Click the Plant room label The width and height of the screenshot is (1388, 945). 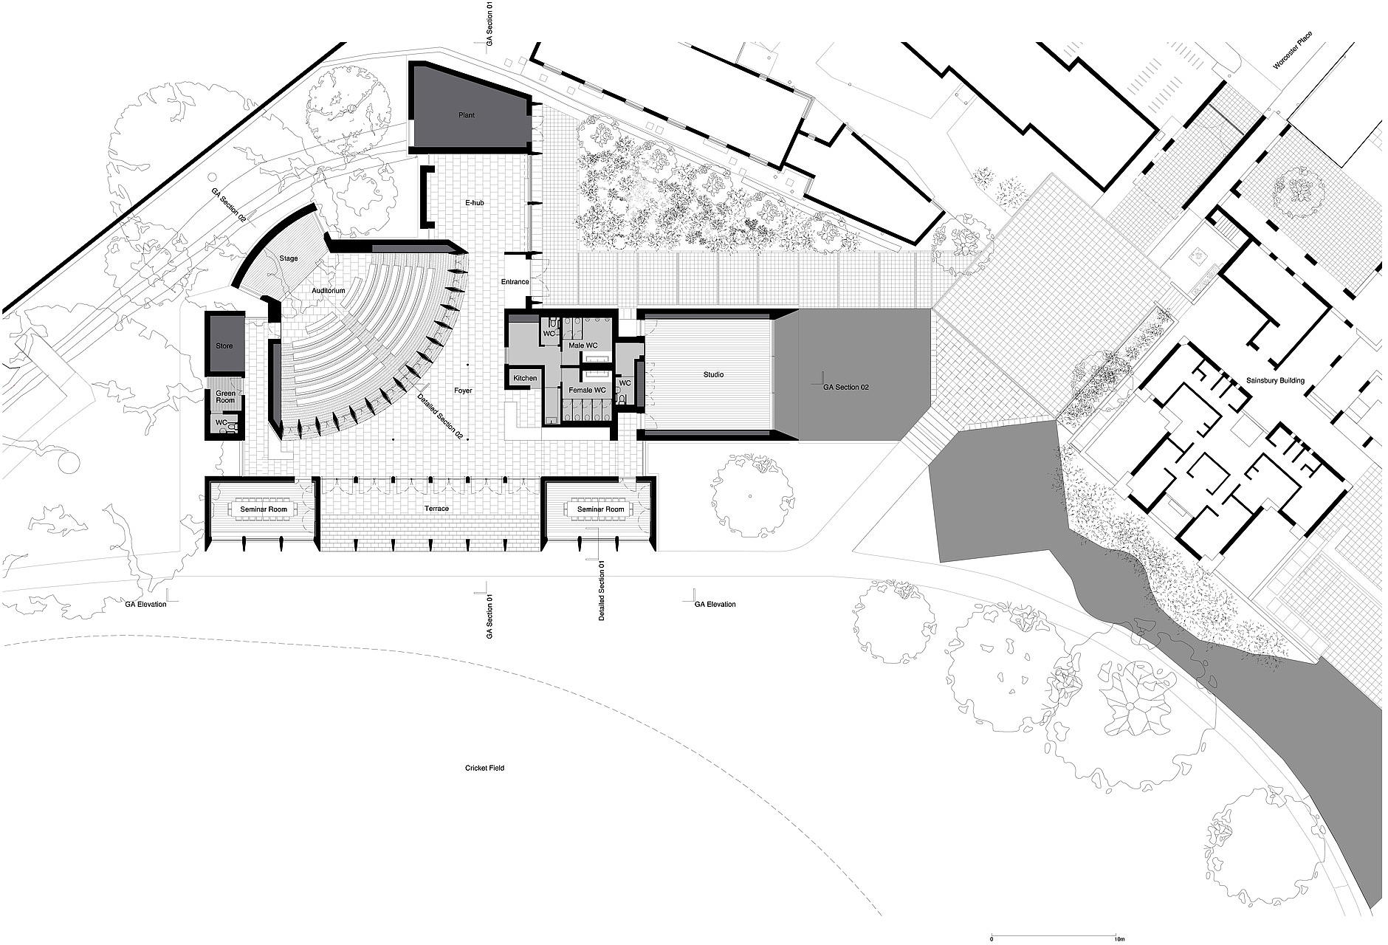[466, 115]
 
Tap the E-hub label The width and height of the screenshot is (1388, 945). [474, 202]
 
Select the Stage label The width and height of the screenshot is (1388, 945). [289, 258]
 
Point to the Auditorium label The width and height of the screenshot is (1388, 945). [329, 291]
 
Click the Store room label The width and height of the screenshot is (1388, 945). [224, 346]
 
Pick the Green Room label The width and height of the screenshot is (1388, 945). [225, 396]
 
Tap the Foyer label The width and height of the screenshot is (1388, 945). [463, 391]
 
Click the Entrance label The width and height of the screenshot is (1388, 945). [515, 282]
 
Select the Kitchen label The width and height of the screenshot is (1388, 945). [525, 379]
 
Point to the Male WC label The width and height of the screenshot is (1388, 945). [583, 346]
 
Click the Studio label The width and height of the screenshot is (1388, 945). [713, 375]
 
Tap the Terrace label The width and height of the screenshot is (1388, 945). [436, 509]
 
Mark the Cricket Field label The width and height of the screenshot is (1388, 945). [484, 768]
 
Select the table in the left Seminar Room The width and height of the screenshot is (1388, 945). [263, 509]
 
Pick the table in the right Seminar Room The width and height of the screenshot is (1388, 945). [600, 509]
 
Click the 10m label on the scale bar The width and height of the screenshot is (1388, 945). [1119, 939]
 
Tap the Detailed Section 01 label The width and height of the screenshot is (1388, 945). [601, 590]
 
